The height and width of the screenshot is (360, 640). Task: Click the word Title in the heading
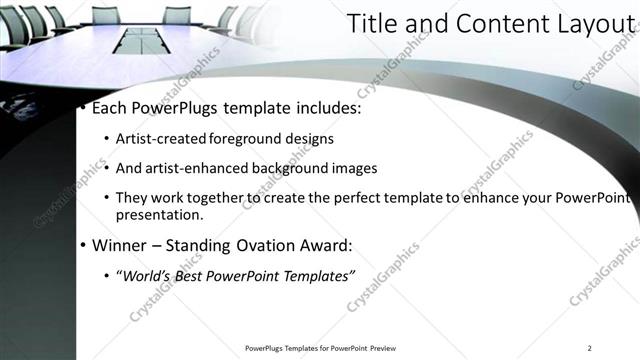(x=369, y=27)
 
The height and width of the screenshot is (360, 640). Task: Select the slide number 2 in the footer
(x=589, y=348)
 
